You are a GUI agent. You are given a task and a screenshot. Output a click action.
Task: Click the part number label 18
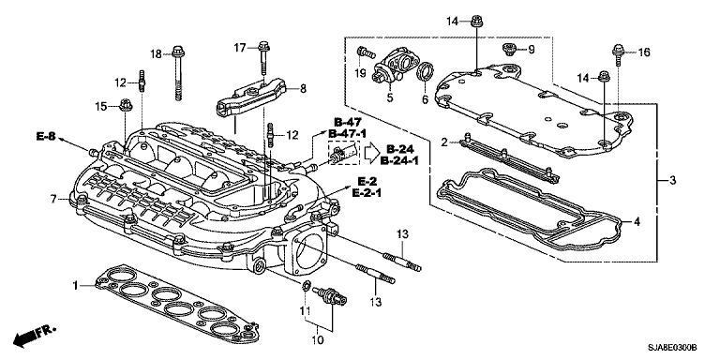click(157, 54)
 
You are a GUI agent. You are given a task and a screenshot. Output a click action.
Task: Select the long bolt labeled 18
click(177, 72)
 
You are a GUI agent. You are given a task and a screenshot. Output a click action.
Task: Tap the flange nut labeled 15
click(126, 105)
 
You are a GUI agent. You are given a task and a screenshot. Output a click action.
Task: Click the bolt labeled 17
click(263, 58)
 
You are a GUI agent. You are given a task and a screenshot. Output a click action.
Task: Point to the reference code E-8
click(45, 136)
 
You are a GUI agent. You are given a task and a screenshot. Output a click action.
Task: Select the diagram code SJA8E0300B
click(673, 348)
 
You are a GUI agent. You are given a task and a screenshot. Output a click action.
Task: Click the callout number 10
click(317, 340)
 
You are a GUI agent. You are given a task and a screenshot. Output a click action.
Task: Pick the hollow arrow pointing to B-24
click(372, 155)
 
